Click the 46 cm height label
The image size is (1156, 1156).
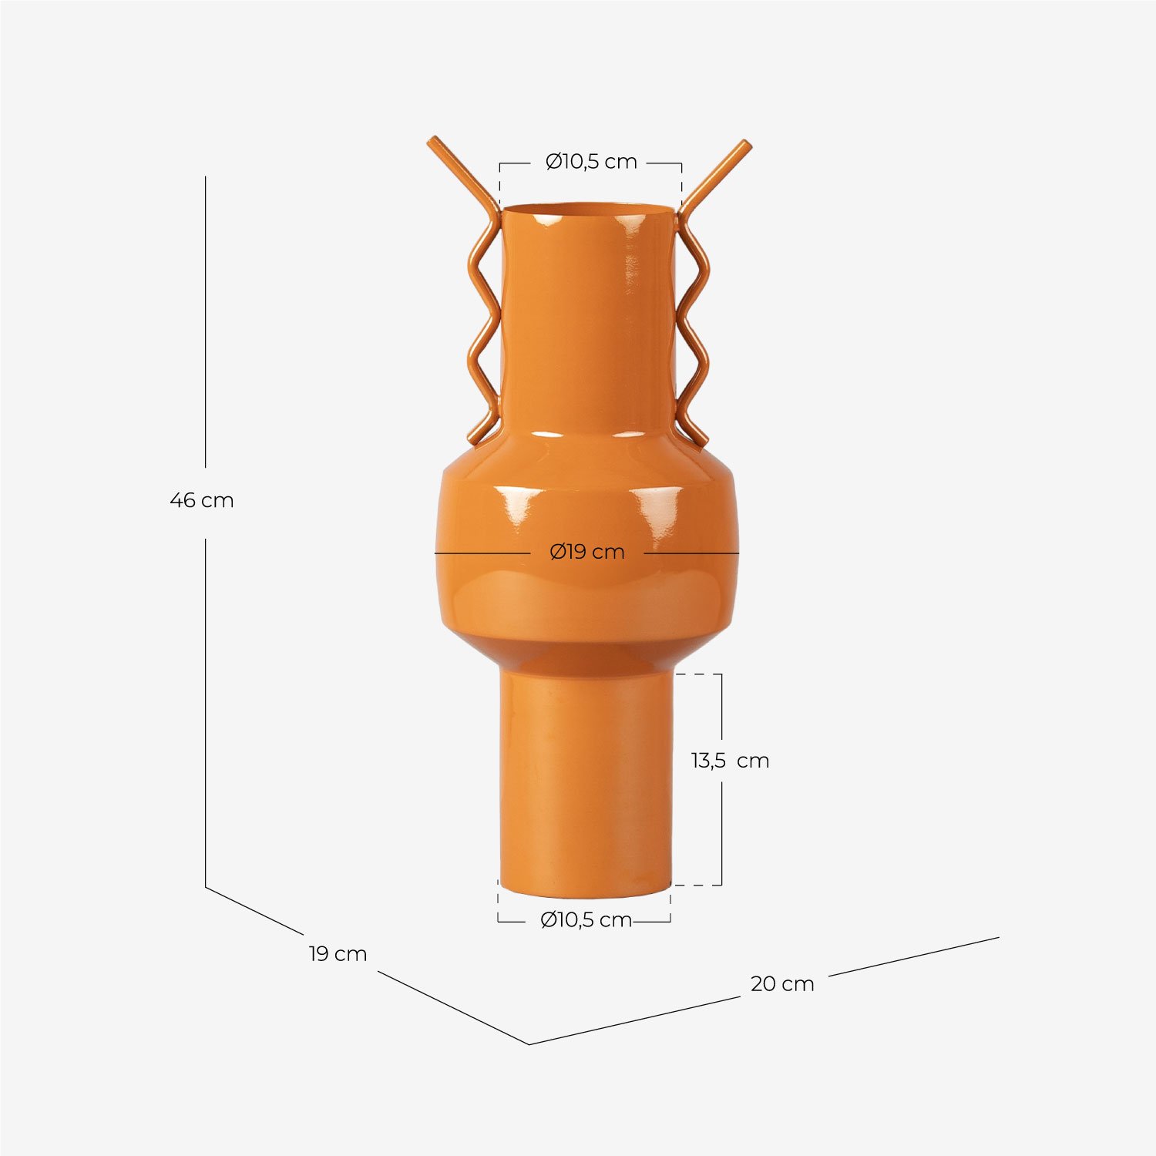click(x=201, y=500)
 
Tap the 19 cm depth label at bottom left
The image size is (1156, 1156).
click(x=338, y=953)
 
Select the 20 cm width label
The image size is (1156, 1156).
click(x=782, y=983)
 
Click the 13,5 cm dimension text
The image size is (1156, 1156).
click(x=730, y=761)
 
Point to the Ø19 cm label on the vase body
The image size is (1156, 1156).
click(x=587, y=552)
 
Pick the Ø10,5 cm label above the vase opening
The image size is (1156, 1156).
click(x=591, y=162)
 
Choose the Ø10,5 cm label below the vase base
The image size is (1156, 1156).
click(x=586, y=919)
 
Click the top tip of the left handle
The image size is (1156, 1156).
click(x=432, y=141)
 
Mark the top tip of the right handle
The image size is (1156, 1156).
click(x=745, y=144)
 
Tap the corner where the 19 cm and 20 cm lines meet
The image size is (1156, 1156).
click(x=529, y=1044)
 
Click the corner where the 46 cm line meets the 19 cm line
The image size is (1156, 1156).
click(x=206, y=886)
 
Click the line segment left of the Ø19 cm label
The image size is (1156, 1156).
click(x=482, y=553)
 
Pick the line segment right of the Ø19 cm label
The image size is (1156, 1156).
click(x=691, y=553)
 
